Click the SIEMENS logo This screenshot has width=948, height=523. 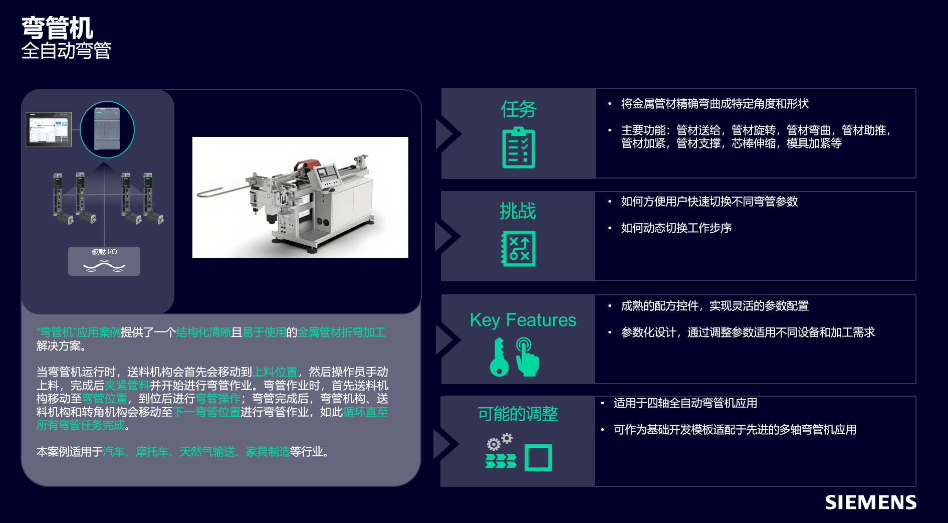[x=870, y=502]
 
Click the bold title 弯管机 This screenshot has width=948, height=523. [x=57, y=28]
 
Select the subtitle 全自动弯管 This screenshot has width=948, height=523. [x=66, y=51]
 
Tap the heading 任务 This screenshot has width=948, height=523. [x=518, y=109]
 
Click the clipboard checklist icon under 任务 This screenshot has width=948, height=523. [x=518, y=147]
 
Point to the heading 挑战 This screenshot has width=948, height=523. [x=518, y=211]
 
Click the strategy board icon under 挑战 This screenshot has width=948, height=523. [x=518, y=249]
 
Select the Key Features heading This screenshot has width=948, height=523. [x=523, y=320]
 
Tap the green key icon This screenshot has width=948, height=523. [x=499, y=358]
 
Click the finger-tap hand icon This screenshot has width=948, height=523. [x=527, y=358]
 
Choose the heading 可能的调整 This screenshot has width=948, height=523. [x=518, y=414]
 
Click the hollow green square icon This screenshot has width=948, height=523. [x=538, y=457]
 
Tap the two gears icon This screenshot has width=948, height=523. [x=500, y=442]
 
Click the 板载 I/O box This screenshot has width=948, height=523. [x=104, y=261]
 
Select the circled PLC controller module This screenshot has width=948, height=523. [x=107, y=129]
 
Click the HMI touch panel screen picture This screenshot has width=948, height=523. [x=49, y=129]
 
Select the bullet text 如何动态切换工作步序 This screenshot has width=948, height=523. [x=676, y=228]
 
